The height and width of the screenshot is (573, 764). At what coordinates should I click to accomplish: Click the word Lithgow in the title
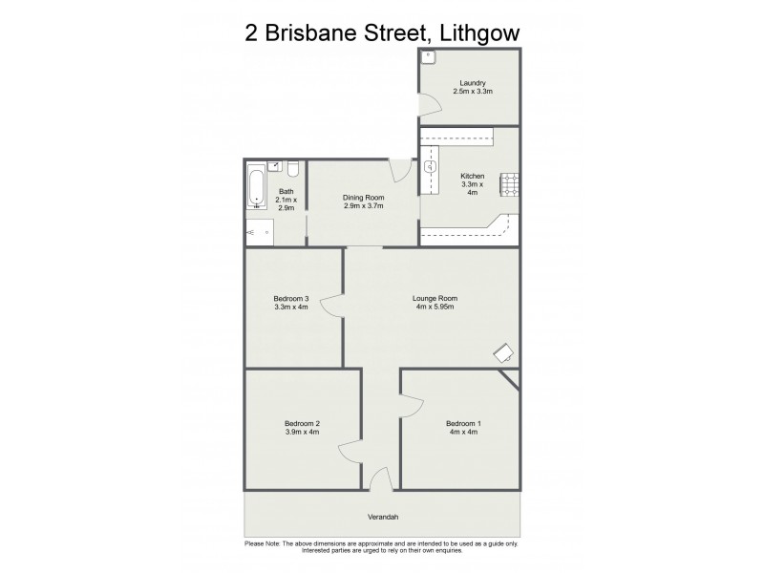coord(477,34)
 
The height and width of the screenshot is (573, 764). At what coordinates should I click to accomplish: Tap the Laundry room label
coord(472,83)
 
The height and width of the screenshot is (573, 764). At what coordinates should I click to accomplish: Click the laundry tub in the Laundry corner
coord(428,56)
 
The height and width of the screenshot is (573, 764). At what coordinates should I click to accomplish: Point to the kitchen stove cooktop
coord(511,183)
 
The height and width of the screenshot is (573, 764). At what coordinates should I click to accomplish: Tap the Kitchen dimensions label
coord(473,189)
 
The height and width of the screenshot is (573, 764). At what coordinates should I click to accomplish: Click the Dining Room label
coord(363,198)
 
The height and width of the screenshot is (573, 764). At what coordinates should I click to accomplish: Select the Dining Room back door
coord(402,169)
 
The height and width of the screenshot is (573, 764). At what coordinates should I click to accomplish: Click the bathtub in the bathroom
coord(256,187)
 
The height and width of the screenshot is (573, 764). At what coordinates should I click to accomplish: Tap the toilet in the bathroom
coord(294,169)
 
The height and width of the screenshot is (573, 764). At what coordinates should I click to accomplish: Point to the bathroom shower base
coord(259,231)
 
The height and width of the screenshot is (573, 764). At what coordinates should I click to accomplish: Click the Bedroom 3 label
coord(291,298)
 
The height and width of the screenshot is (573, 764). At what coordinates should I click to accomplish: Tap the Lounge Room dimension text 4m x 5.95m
coord(435,307)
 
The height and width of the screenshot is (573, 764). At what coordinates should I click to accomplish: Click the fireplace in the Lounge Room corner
coord(503,354)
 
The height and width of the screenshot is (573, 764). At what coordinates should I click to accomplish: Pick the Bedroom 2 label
coord(302,424)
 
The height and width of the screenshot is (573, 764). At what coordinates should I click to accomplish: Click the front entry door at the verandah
coord(379,479)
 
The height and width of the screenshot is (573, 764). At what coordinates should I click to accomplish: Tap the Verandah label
coord(382,520)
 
